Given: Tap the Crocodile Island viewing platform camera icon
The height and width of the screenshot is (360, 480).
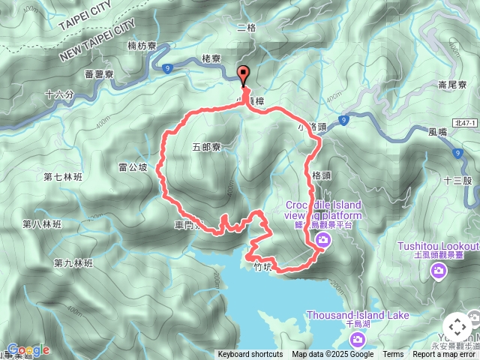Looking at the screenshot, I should pyautogui.click(x=323, y=240).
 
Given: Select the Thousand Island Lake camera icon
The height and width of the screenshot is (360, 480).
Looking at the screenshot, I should pyautogui.click(x=358, y=339).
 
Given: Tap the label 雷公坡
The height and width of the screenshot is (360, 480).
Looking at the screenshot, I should pyautogui.click(x=133, y=167).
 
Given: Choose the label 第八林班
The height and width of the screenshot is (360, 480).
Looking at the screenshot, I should pyautogui.click(x=42, y=224).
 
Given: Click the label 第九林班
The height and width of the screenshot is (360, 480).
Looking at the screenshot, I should pyautogui.click(x=73, y=263).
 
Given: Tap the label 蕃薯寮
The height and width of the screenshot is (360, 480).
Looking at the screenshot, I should pyautogui.click(x=99, y=75).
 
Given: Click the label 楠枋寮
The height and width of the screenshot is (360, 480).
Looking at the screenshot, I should pyautogui.click(x=142, y=46).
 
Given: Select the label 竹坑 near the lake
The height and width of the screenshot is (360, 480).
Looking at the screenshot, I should pyautogui.click(x=261, y=265).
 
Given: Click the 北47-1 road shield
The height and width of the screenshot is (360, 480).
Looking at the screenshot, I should pyautogui.click(x=466, y=123).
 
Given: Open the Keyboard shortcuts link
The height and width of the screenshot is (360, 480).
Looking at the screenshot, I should pyautogui.click(x=250, y=355).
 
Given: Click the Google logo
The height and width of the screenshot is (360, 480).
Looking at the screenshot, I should pyautogui.click(x=28, y=349).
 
